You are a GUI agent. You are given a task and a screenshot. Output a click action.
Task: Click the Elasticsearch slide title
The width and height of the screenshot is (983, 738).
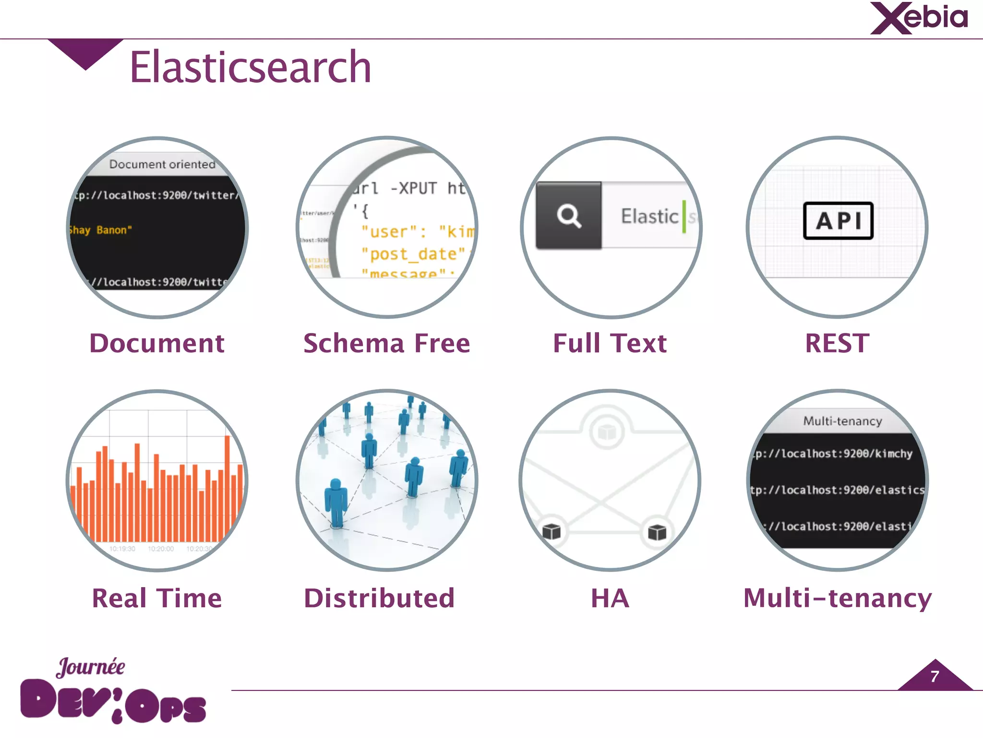[250, 67]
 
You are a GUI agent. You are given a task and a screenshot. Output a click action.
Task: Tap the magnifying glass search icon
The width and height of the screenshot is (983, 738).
[569, 216]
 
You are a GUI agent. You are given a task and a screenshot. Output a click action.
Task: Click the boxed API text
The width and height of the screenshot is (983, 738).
[838, 221]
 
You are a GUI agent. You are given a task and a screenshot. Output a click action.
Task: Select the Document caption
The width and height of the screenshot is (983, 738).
[157, 344]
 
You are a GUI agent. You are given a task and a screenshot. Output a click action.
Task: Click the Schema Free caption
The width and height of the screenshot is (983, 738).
[386, 344]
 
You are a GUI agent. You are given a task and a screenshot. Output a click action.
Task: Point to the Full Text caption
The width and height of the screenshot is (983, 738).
[610, 344]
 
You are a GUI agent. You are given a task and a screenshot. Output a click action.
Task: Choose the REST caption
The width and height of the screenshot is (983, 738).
[837, 344]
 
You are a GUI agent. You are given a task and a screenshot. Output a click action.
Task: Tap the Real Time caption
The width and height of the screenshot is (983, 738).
[157, 599]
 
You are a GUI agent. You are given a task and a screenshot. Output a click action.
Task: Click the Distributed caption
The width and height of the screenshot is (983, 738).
[379, 599]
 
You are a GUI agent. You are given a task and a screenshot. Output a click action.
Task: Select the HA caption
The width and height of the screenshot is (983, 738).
[610, 599]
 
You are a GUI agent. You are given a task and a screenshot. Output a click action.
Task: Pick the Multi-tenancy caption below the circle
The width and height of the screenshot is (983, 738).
[837, 599]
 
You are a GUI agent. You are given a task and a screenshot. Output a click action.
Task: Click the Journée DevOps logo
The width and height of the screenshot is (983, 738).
[113, 692]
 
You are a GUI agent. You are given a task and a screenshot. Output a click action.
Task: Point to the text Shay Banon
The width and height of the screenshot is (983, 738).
[100, 230]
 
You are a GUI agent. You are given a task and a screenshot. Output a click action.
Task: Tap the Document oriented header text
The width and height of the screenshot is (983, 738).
[162, 164]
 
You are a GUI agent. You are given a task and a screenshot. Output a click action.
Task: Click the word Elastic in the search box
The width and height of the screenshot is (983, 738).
[649, 216]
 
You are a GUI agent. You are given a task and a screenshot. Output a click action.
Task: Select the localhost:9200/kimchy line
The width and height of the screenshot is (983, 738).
[833, 454]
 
